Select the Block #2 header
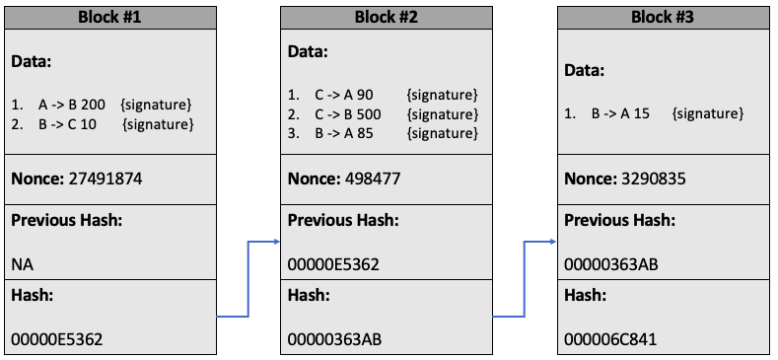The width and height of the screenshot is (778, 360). point(386,17)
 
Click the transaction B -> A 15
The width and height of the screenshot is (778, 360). point(620,113)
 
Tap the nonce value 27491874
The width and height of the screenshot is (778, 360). point(104,179)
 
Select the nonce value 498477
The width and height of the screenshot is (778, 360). point(373,179)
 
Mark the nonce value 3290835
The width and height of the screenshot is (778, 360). point(653,179)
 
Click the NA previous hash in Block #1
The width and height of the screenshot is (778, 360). point(21,264)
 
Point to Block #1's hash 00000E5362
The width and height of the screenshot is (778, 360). point(56,339)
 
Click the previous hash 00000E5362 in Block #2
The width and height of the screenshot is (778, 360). point(333,264)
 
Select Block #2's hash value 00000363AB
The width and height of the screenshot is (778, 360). point(334,339)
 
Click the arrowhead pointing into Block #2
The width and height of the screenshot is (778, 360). point(275,242)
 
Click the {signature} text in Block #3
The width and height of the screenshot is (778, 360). point(707,113)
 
